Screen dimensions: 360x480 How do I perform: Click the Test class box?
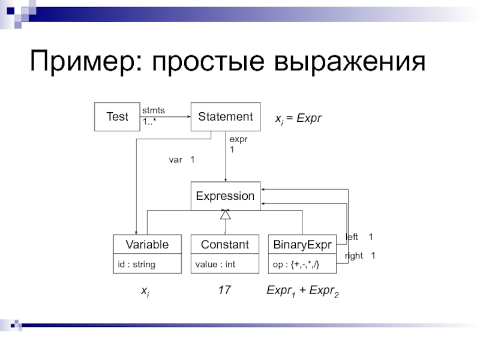[x=117, y=116]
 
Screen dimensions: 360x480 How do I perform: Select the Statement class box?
[x=225, y=116]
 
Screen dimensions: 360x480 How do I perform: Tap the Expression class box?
[x=225, y=196]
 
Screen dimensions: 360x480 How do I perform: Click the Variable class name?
[x=147, y=244]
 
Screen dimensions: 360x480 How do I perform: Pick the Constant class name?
[x=225, y=244]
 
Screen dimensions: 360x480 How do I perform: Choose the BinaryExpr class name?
[x=302, y=244]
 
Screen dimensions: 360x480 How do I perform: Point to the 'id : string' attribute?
[x=134, y=263]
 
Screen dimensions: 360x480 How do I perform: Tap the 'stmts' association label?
[x=153, y=110]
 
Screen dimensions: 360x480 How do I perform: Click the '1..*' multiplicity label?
[x=149, y=122]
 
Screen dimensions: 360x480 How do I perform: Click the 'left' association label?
[x=352, y=237]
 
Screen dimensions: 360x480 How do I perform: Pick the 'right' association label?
[x=354, y=256]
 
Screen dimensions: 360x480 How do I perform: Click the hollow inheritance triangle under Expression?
[x=225, y=214]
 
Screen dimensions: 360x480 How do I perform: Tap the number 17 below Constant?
[x=224, y=290]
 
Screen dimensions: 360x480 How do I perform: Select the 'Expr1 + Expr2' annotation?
[x=302, y=292]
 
